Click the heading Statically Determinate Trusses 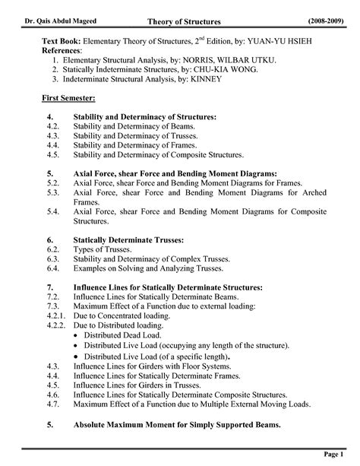point(128,239)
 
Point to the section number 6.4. point(52,271)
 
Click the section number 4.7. point(52,404)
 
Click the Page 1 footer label point(336,454)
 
